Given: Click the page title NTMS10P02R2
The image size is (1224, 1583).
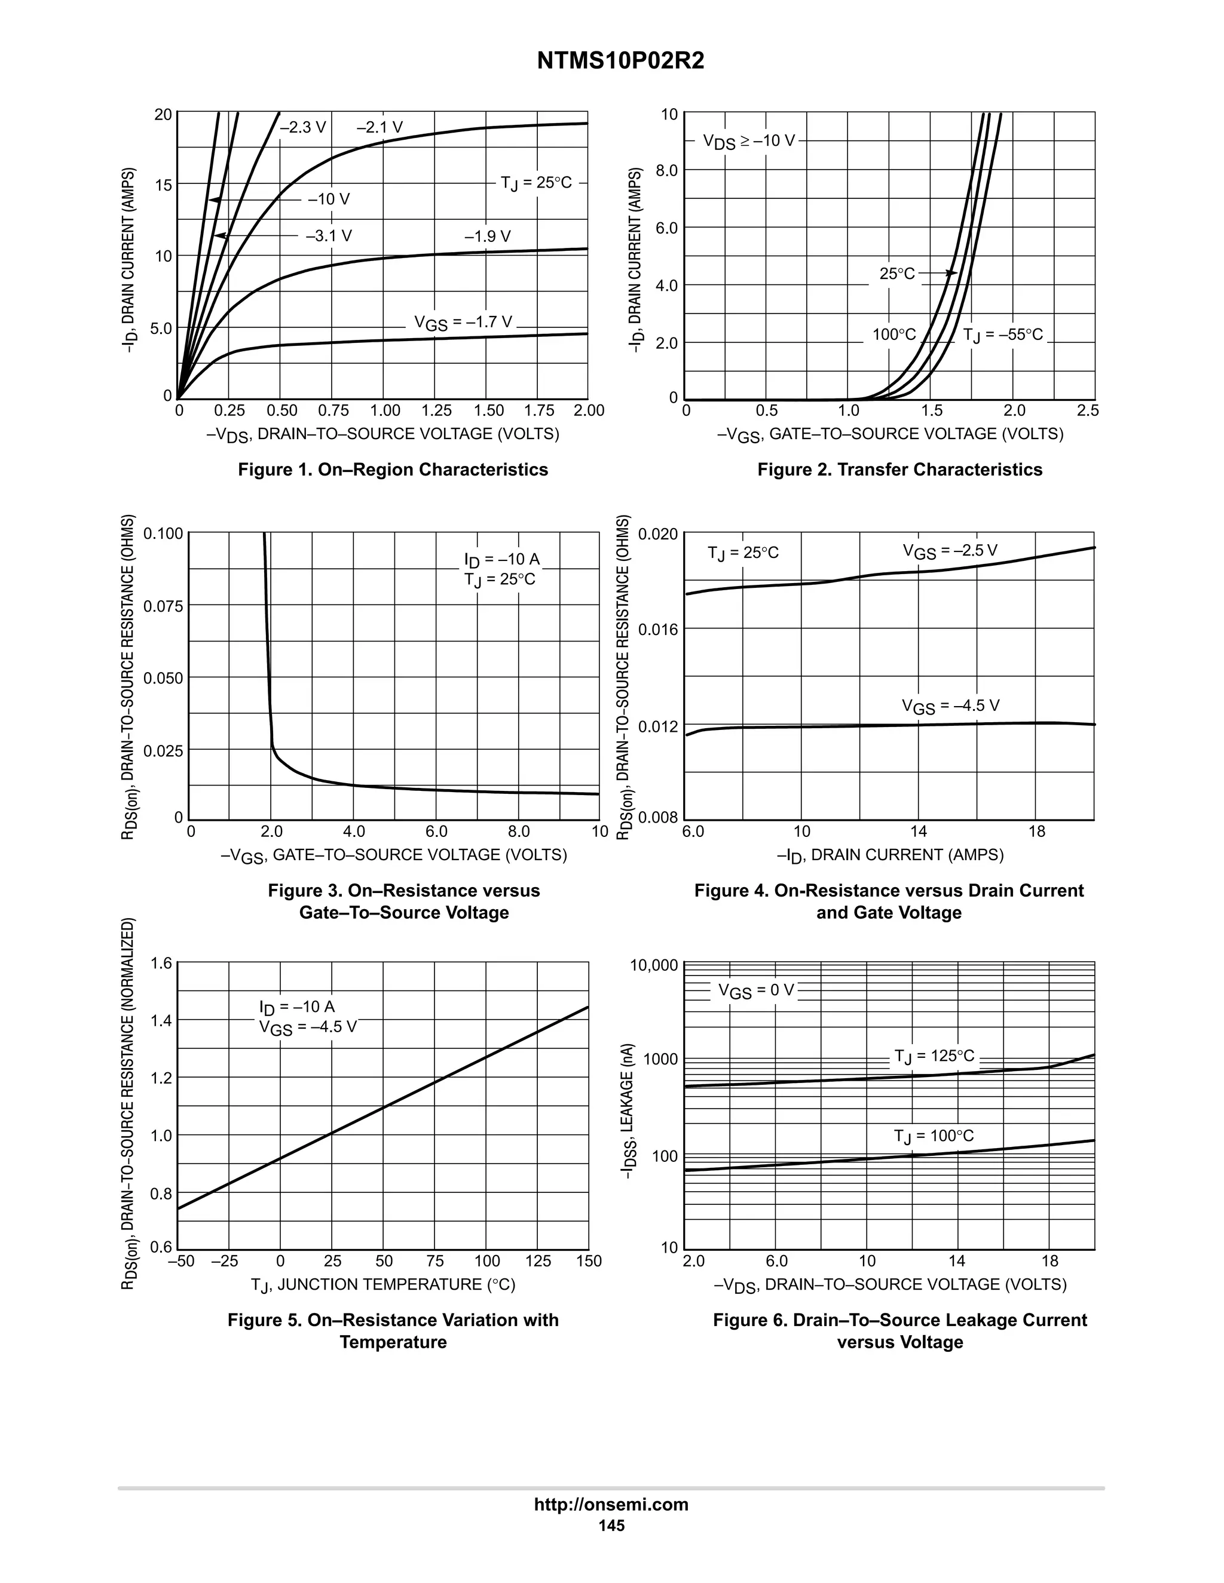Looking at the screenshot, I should tap(621, 62).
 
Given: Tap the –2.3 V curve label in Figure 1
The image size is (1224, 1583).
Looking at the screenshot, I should tap(303, 128).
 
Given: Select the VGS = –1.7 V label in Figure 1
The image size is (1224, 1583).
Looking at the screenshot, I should tap(463, 323).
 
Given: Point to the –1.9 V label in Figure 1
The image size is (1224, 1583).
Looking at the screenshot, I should tap(487, 237).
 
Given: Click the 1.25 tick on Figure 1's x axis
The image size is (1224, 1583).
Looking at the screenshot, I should tap(436, 411).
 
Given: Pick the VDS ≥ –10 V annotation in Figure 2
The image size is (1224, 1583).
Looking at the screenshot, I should tap(748, 142).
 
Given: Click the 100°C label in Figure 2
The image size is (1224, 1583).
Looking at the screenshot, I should tap(894, 335).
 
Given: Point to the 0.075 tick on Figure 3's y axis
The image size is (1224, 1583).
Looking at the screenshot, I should tap(163, 606).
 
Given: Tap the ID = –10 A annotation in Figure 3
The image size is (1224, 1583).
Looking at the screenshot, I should tap(502, 560).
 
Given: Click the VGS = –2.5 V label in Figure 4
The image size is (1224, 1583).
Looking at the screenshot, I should tap(949, 551).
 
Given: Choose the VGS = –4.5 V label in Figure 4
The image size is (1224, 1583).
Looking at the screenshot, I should tap(950, 706).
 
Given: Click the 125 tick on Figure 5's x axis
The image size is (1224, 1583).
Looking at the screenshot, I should tap(538, 1261).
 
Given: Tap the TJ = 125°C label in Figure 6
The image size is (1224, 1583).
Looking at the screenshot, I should tap(934, 1056).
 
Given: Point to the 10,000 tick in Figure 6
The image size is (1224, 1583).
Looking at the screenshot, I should tap(654, 965).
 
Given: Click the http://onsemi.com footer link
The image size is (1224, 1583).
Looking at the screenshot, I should tap(611, 1505).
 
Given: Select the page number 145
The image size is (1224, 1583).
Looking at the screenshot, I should tap(611, 1526).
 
